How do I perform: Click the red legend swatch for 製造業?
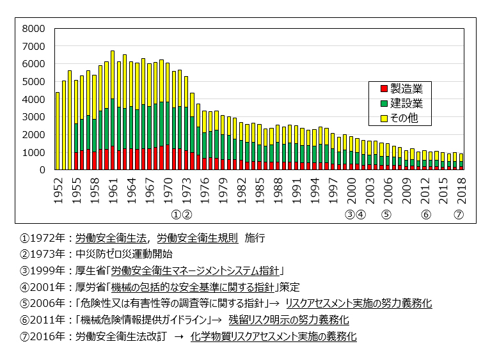[x=384, y=88]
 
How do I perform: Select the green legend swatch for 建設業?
[x=384, y=104]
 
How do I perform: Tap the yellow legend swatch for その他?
[x=384, y=118]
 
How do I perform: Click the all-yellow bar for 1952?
[x=58, y=131]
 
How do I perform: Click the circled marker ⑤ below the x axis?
[x=386, y=215]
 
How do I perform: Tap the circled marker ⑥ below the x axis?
[x=425, y=215]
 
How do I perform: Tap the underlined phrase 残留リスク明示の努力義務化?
[x=288, y=320]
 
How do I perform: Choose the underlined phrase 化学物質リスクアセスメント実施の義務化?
[x=273, y=336]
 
